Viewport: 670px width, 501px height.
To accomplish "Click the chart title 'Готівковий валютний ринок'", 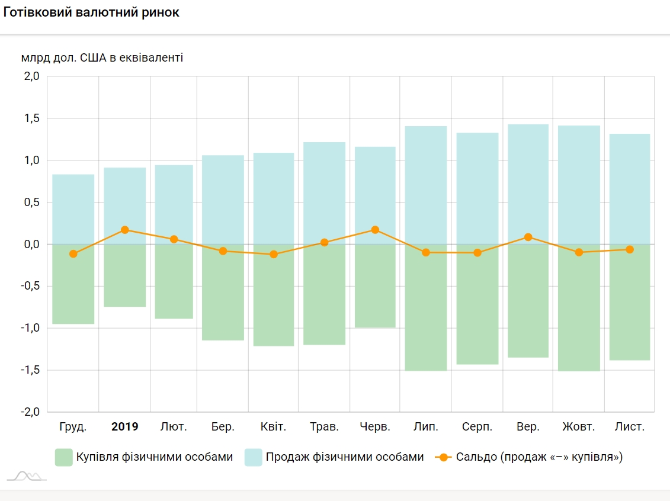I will (x=91, y=13).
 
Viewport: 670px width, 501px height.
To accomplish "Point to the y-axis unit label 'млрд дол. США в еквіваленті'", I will (x=102, y=58).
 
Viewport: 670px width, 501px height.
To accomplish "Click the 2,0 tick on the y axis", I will (x=31, y=76).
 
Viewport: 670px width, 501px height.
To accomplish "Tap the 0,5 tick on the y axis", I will (x=31, y=203).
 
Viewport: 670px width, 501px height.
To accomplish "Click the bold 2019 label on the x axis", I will (x=124, y=426).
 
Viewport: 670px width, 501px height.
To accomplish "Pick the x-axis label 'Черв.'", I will (x=375, y=426).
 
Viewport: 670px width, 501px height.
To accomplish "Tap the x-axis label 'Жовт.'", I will (x=578, y=426).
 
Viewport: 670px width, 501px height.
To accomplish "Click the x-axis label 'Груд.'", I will (x=73, y=426).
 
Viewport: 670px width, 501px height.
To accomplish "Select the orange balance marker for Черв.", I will (x=375, y=230).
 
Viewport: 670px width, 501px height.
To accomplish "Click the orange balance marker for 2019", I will (x=124, y=230).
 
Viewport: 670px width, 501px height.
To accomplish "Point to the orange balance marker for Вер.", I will (x=528, y=237).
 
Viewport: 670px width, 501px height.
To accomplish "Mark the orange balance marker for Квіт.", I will (x=274, y=254).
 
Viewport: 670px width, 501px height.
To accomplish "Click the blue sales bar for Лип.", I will (x=426, y=184).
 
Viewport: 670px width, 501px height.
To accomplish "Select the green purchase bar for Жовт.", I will (x=579, y=308).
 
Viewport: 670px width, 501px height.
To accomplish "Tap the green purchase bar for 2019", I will (x=124, y=275).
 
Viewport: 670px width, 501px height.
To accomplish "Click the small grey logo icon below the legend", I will (x=26, y=476).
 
